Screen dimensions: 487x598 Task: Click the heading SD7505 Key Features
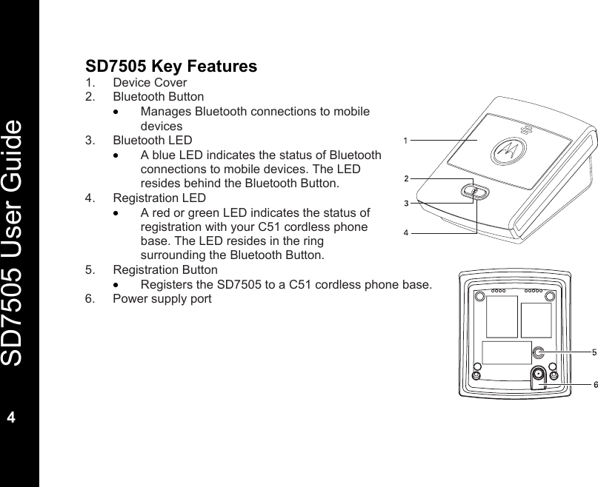click(x=171, y=67)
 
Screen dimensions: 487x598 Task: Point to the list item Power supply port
click(x=162, y=299)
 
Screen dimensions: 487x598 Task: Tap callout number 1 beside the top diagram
click(x=405, y=139)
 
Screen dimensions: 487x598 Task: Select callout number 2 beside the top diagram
click(x=405, y=178)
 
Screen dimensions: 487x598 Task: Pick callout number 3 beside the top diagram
click(x=405, y=202)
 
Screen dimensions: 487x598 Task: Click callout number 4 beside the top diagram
click(x=405, y=232)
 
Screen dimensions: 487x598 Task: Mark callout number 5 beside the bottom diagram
click(x=594, y=352)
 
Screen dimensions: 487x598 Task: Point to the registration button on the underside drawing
click(x=539, y=352)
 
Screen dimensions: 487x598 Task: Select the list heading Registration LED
click(x=159, y=198)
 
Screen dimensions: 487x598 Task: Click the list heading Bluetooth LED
click(x=152, y=140)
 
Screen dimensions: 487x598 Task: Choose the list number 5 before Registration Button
click(x=90, y=270)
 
